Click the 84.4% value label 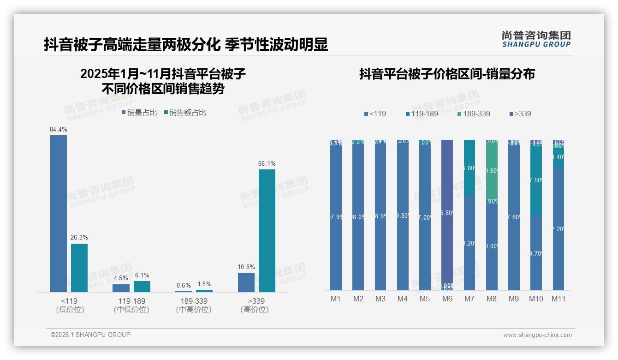pyautogui.click(x=59, y=130)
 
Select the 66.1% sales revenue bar pyautogui.click(x=267, y=230)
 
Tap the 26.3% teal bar pyautogui.click(x=79, y=268)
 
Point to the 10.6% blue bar pyautogui.click(x=246, y=282)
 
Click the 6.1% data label pyautogui.click(x=142, y=276)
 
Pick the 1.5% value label pyautogui.click(x=204, y=284)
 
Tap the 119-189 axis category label pyautogui.click(x=131, y=301)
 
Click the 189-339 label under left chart pyautogui.click(x=194, y=301)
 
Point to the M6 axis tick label pyautogui.click(x=447, y=299)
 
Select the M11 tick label pyautogui.click(x=559, y=299)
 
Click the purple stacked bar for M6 pyautogui.click(x=447, y=212)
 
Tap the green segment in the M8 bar pyautogui.click(x=492, y=171)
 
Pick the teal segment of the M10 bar pyautogui.click(x=536, y=180)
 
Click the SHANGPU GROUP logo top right pyautogui.click(x=536, y=39)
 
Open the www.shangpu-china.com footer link pyautogui.click(x=537, y=335)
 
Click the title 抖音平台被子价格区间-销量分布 pyautogui.click(x=447, y=74)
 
